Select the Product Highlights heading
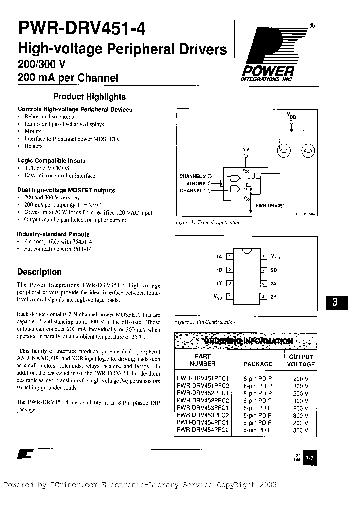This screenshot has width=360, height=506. click(x=89, y=97)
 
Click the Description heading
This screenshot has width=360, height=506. click(x=39, y=272)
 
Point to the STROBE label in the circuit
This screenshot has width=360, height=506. click(x=193, y=183)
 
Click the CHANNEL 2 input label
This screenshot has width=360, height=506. click(x=193, y=176)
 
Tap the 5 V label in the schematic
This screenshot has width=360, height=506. click(x=245, y=149)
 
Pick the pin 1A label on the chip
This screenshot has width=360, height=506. click(x=218, y=256)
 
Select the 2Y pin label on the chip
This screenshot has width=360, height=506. click(x=274, y=296)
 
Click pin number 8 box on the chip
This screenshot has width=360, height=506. click(x=263, y=256)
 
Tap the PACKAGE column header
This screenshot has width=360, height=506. click(x=258, y=364)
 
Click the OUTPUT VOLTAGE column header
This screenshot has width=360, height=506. click(x=301, y=360)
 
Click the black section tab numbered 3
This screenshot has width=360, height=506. click(x=335, y=303)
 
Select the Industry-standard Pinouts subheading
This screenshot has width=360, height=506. click(x=53, y=234)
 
